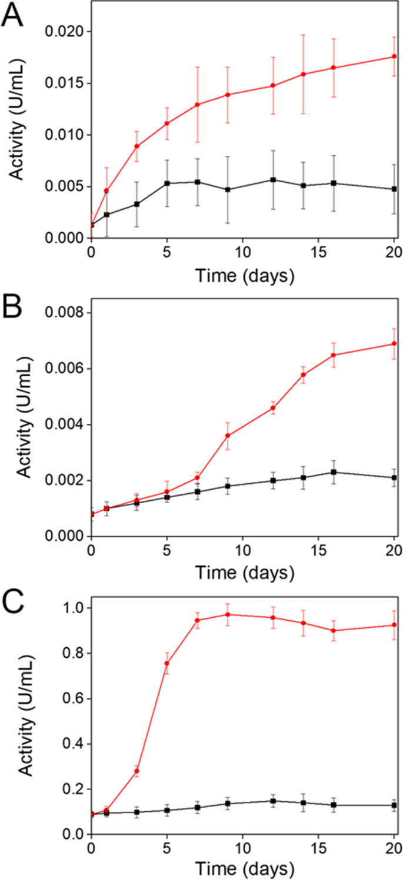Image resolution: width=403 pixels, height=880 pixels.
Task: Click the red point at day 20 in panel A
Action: [x=394, y=56]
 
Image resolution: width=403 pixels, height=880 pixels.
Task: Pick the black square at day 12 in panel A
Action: [x=273, y=180]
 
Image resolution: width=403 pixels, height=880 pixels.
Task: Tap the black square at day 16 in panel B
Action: [x=334, y=472]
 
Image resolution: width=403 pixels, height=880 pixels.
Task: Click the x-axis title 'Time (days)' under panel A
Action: [x=242, y=275]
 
